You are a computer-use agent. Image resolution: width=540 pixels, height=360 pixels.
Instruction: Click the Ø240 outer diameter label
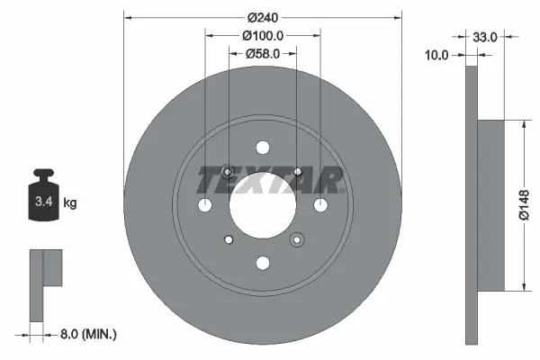(262, 17)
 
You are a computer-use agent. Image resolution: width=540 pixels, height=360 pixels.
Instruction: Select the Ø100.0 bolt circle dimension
(263, 36)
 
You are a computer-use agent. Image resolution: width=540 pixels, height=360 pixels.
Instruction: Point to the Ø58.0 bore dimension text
(263, 55)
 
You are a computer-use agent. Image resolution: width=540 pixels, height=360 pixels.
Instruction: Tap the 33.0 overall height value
(485, 37)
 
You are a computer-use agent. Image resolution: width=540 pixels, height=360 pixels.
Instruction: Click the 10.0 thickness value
(436, 55)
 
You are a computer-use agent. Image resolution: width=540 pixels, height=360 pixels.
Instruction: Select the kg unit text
(70, 203)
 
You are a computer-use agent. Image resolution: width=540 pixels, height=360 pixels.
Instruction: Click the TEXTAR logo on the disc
(270, 181)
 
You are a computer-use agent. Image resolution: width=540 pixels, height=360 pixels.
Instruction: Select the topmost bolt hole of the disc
(262, 148)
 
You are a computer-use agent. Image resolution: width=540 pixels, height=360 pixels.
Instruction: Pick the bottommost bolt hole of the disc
(262, 263)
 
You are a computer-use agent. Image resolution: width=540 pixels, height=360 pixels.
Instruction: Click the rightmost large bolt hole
(319, 205)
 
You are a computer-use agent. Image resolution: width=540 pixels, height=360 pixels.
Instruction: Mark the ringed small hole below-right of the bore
(296, 239)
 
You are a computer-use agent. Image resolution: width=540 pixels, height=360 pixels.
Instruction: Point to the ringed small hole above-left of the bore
(228, 172)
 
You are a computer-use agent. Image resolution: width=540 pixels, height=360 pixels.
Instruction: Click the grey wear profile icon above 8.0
(45, 283)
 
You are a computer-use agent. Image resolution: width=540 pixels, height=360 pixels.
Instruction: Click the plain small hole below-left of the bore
(229, 239)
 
